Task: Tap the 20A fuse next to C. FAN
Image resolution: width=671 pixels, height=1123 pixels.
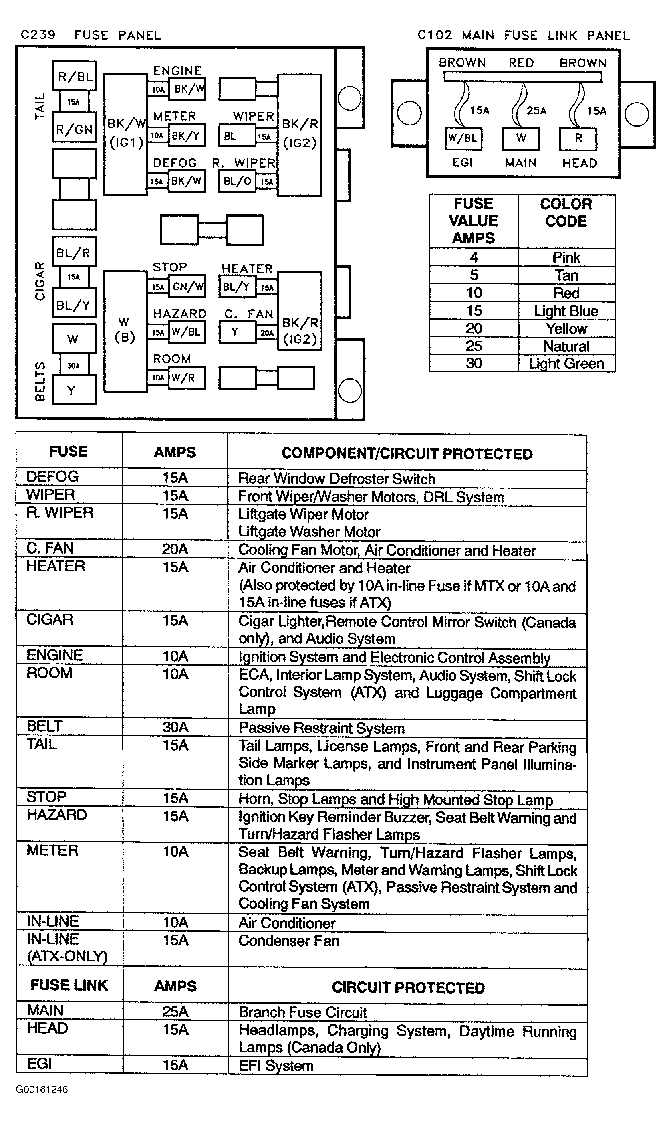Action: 266,332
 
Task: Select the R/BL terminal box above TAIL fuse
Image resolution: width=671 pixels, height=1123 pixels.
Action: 75,76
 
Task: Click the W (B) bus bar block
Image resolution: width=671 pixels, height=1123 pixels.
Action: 125,330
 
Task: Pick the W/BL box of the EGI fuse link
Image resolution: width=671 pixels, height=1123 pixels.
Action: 463,138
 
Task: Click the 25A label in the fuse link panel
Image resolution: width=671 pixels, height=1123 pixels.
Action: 537,110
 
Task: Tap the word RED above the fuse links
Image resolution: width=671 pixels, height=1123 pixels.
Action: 521,63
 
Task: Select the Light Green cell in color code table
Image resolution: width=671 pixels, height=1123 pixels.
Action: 566,363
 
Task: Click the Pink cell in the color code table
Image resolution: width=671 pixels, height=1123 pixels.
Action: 566,257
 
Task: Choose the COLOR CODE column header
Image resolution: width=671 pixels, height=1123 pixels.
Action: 566,212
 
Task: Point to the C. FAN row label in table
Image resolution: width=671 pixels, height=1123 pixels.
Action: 50,548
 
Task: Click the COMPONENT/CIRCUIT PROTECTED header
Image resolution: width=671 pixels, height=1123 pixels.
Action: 407,453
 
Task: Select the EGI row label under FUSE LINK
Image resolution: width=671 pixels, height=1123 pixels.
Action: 39,1063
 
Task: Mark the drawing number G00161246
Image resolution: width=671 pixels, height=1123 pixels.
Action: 42,1089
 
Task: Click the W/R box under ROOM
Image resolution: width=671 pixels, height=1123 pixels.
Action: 185,378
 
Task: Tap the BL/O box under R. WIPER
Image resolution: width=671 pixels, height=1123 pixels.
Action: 237,181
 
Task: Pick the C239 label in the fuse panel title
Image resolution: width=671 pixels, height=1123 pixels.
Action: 38,35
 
